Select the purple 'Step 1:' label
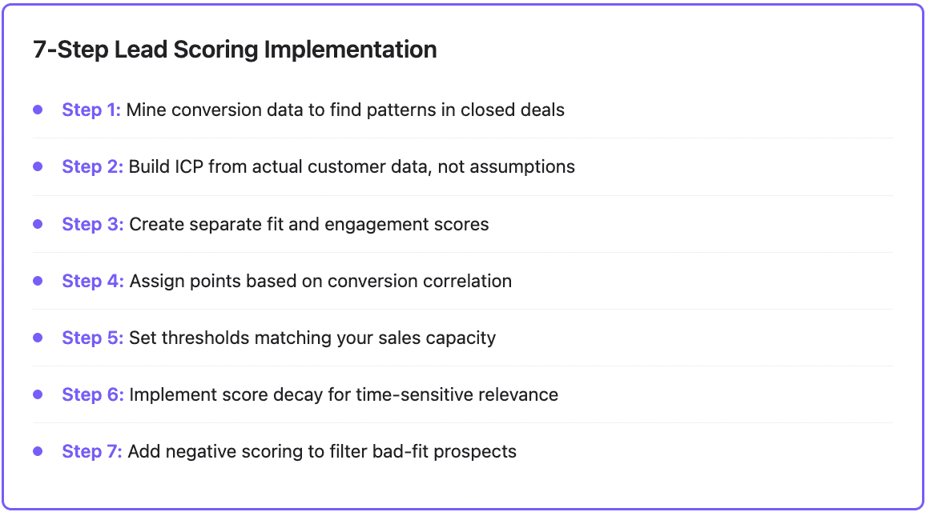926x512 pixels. pyautogui.click(x=91, y=110)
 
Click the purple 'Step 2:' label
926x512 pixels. pyautogui.click(x=92, y=166)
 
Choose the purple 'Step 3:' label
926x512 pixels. pyautogui.click(x=92, y=224)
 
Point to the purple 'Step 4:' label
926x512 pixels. pyautogui.click(x=93, y=281)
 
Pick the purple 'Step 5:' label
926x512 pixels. pyautogui.click(x=92, y=338)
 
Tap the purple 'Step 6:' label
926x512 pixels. pyautogui.click(x=93, y=394)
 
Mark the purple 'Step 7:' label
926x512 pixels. pyautogui.click(x=92, y=451)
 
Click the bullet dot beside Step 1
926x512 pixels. pyautogui.click(x=38, y=110)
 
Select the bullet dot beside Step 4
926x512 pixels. pyautogui.click(x=38, y=281)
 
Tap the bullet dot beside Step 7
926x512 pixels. pyautogui.click(x=38, y=451)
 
